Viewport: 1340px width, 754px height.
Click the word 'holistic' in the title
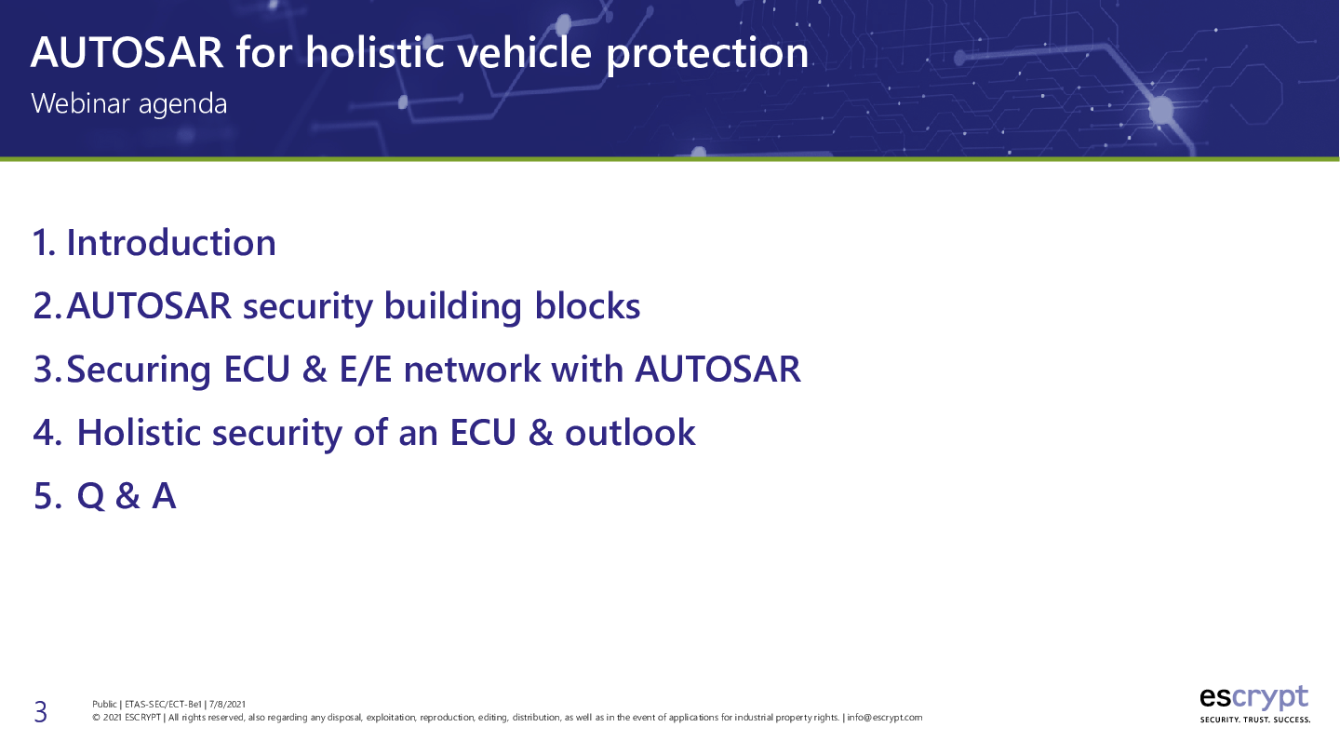pos(374,52)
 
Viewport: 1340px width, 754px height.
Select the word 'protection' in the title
pos(707,55)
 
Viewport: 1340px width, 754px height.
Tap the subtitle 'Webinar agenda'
pos(129,104)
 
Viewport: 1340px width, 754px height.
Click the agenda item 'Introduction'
pos(171,243)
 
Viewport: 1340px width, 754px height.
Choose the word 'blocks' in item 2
pos(587,306)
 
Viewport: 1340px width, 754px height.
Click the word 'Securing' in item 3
pos(139,370)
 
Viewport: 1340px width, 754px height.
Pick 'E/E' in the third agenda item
pos(366,370)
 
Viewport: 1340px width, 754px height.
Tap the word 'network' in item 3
pos(472,370)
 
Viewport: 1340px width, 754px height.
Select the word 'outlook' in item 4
pos(630,432)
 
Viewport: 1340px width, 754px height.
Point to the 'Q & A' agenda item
pos(127,496)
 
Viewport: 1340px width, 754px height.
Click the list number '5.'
pos(47,496)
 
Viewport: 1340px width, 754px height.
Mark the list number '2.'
pos(47,306)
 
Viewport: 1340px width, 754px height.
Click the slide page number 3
pos(40,712)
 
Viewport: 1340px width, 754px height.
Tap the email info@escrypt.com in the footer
pos(885,718)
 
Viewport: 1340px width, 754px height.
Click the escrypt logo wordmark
pos(1253,698)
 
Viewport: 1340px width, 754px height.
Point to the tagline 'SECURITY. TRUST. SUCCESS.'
pos(1255,720)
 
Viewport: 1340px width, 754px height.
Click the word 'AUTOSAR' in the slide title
pos(127,53)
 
